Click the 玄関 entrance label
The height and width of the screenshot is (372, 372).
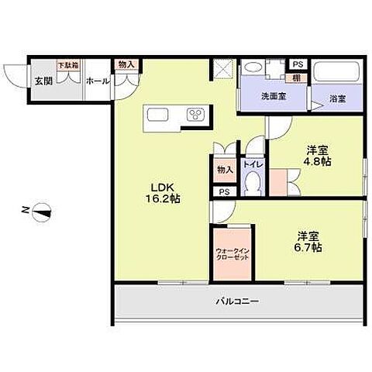click(x=41, y=80)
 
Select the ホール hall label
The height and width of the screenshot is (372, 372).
click(x=97, y=81)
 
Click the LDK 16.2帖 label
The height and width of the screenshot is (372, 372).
click(x=165, y=192)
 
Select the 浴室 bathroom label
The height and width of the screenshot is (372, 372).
click(x=336, y=98)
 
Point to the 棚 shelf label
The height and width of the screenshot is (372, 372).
click(x=296, y=78)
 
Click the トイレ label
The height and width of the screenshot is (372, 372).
click(x=252, y=164)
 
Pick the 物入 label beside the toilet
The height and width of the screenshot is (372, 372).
click(x=225, y=169)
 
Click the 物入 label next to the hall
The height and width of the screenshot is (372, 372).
click(x=125, y=65)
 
